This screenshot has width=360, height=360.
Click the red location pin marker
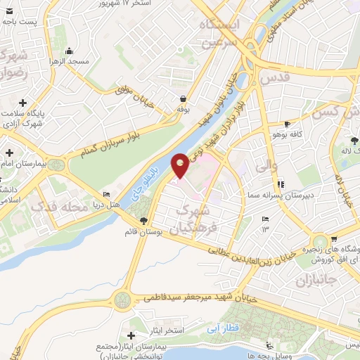181,166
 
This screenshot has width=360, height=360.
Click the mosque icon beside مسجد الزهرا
69,51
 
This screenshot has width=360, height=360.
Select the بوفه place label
184,110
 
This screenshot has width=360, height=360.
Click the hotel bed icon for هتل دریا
106,195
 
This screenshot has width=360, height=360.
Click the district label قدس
275,79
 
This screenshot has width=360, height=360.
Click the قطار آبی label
224,328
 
